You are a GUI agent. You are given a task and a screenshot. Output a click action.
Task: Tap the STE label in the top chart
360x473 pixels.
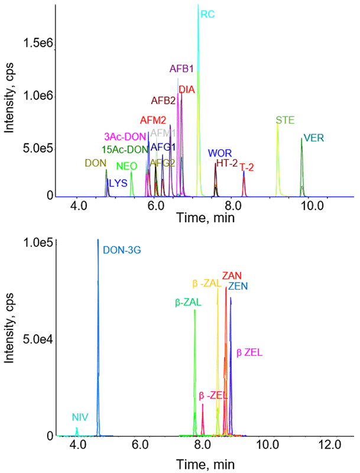point(285,120)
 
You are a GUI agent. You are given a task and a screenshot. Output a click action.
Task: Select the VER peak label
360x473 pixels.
point(313,138)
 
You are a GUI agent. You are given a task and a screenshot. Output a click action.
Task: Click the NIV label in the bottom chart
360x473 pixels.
point(80,416)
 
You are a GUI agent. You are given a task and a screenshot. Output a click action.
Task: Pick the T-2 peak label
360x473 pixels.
point(247,167)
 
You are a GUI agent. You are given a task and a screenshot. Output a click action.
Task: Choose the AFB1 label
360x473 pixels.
point(182,69)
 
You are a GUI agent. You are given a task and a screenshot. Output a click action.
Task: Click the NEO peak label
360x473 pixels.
point(127,166)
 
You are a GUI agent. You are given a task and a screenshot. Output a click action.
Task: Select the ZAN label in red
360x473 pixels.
point(232,276)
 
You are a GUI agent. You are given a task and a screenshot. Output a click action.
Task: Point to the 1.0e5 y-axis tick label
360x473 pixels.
point(34,243)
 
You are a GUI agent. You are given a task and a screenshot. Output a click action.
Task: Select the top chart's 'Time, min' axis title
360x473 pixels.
point(205,218)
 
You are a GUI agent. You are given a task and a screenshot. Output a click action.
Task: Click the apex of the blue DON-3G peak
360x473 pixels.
point(98,240)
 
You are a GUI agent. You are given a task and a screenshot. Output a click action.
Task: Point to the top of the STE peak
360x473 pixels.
point(277,123)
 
